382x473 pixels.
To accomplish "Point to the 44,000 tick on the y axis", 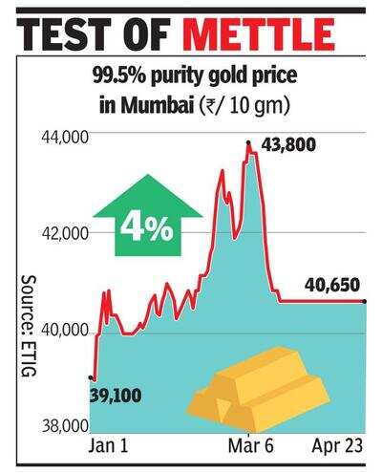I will tap(62, 137).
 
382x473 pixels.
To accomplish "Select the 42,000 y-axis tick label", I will tap(62, 233).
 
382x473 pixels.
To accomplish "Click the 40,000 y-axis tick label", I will tap(62, 332).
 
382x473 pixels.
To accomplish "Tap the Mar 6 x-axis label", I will tap(251, 446).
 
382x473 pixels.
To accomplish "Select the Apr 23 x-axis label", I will tap(337, 446).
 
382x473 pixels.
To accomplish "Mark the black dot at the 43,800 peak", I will tap(248, 142).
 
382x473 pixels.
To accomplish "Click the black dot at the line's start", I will tap(91, 378).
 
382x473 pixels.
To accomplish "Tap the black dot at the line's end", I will tap(366, 302).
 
